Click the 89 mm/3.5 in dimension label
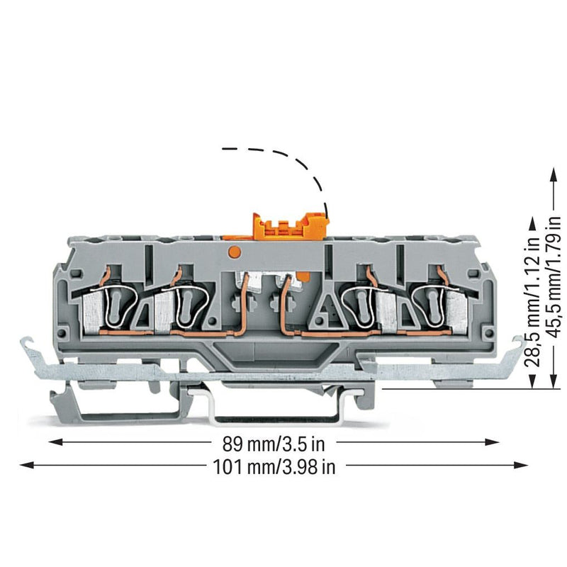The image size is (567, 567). (274, 444)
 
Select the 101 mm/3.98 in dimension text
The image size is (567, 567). (274, 467)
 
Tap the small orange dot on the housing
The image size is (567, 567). (235, 252)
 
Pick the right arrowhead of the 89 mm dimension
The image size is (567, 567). (492, 442)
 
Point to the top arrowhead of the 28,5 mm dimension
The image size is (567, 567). (532, 224)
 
